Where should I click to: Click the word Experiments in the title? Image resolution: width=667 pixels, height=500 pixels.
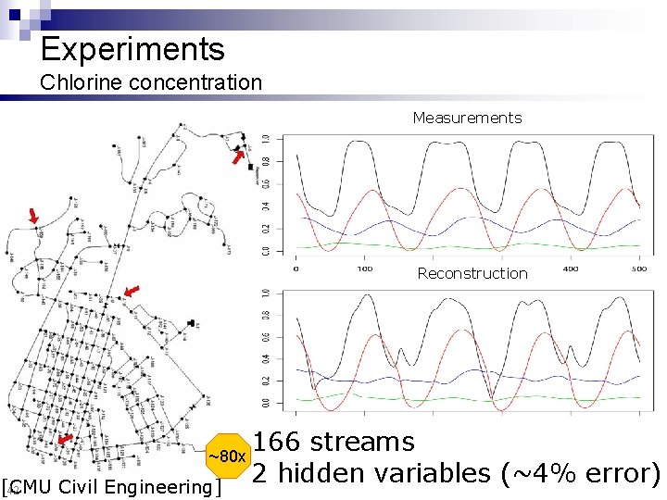(x=132, y=49)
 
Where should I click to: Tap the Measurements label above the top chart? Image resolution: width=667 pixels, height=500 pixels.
(x=467, y=118)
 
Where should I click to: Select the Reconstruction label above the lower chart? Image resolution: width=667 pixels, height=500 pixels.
(x=472, y=273)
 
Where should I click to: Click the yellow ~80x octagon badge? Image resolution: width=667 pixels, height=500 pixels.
(x=226, y=456)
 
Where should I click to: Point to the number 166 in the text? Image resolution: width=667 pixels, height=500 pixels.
(x=279, y=442)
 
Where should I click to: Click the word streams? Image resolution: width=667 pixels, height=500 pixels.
(x=364, y=442)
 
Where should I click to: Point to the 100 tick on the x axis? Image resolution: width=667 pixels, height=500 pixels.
(x=364, y=269)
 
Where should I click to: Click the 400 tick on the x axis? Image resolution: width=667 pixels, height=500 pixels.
(x=572, y=269)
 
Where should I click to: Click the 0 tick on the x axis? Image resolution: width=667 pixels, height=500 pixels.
(x=296, y=269)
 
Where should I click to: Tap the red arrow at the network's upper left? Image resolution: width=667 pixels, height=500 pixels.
(x=34, y=217)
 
